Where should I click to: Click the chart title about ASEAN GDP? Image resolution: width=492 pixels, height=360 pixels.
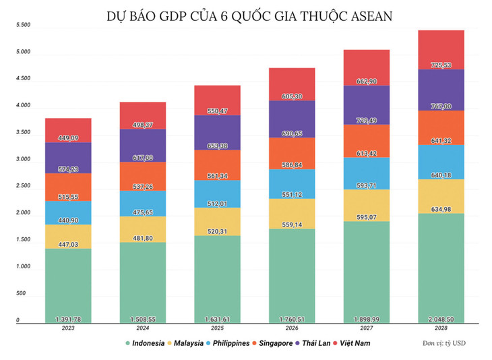point(246,14)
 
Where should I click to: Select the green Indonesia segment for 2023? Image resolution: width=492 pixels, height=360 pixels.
point(69,283)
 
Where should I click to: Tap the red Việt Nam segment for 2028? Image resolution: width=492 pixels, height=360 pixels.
point(441,49)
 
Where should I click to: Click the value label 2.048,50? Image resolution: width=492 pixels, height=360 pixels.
point(441,318)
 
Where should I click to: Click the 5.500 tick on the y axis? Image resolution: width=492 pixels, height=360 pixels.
point(23,25)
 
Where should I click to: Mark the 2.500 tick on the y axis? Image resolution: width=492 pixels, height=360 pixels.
point(23,186)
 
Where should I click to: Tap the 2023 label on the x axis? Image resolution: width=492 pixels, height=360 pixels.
point(69,328)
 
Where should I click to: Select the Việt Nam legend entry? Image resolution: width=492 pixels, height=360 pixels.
point(353,343)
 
